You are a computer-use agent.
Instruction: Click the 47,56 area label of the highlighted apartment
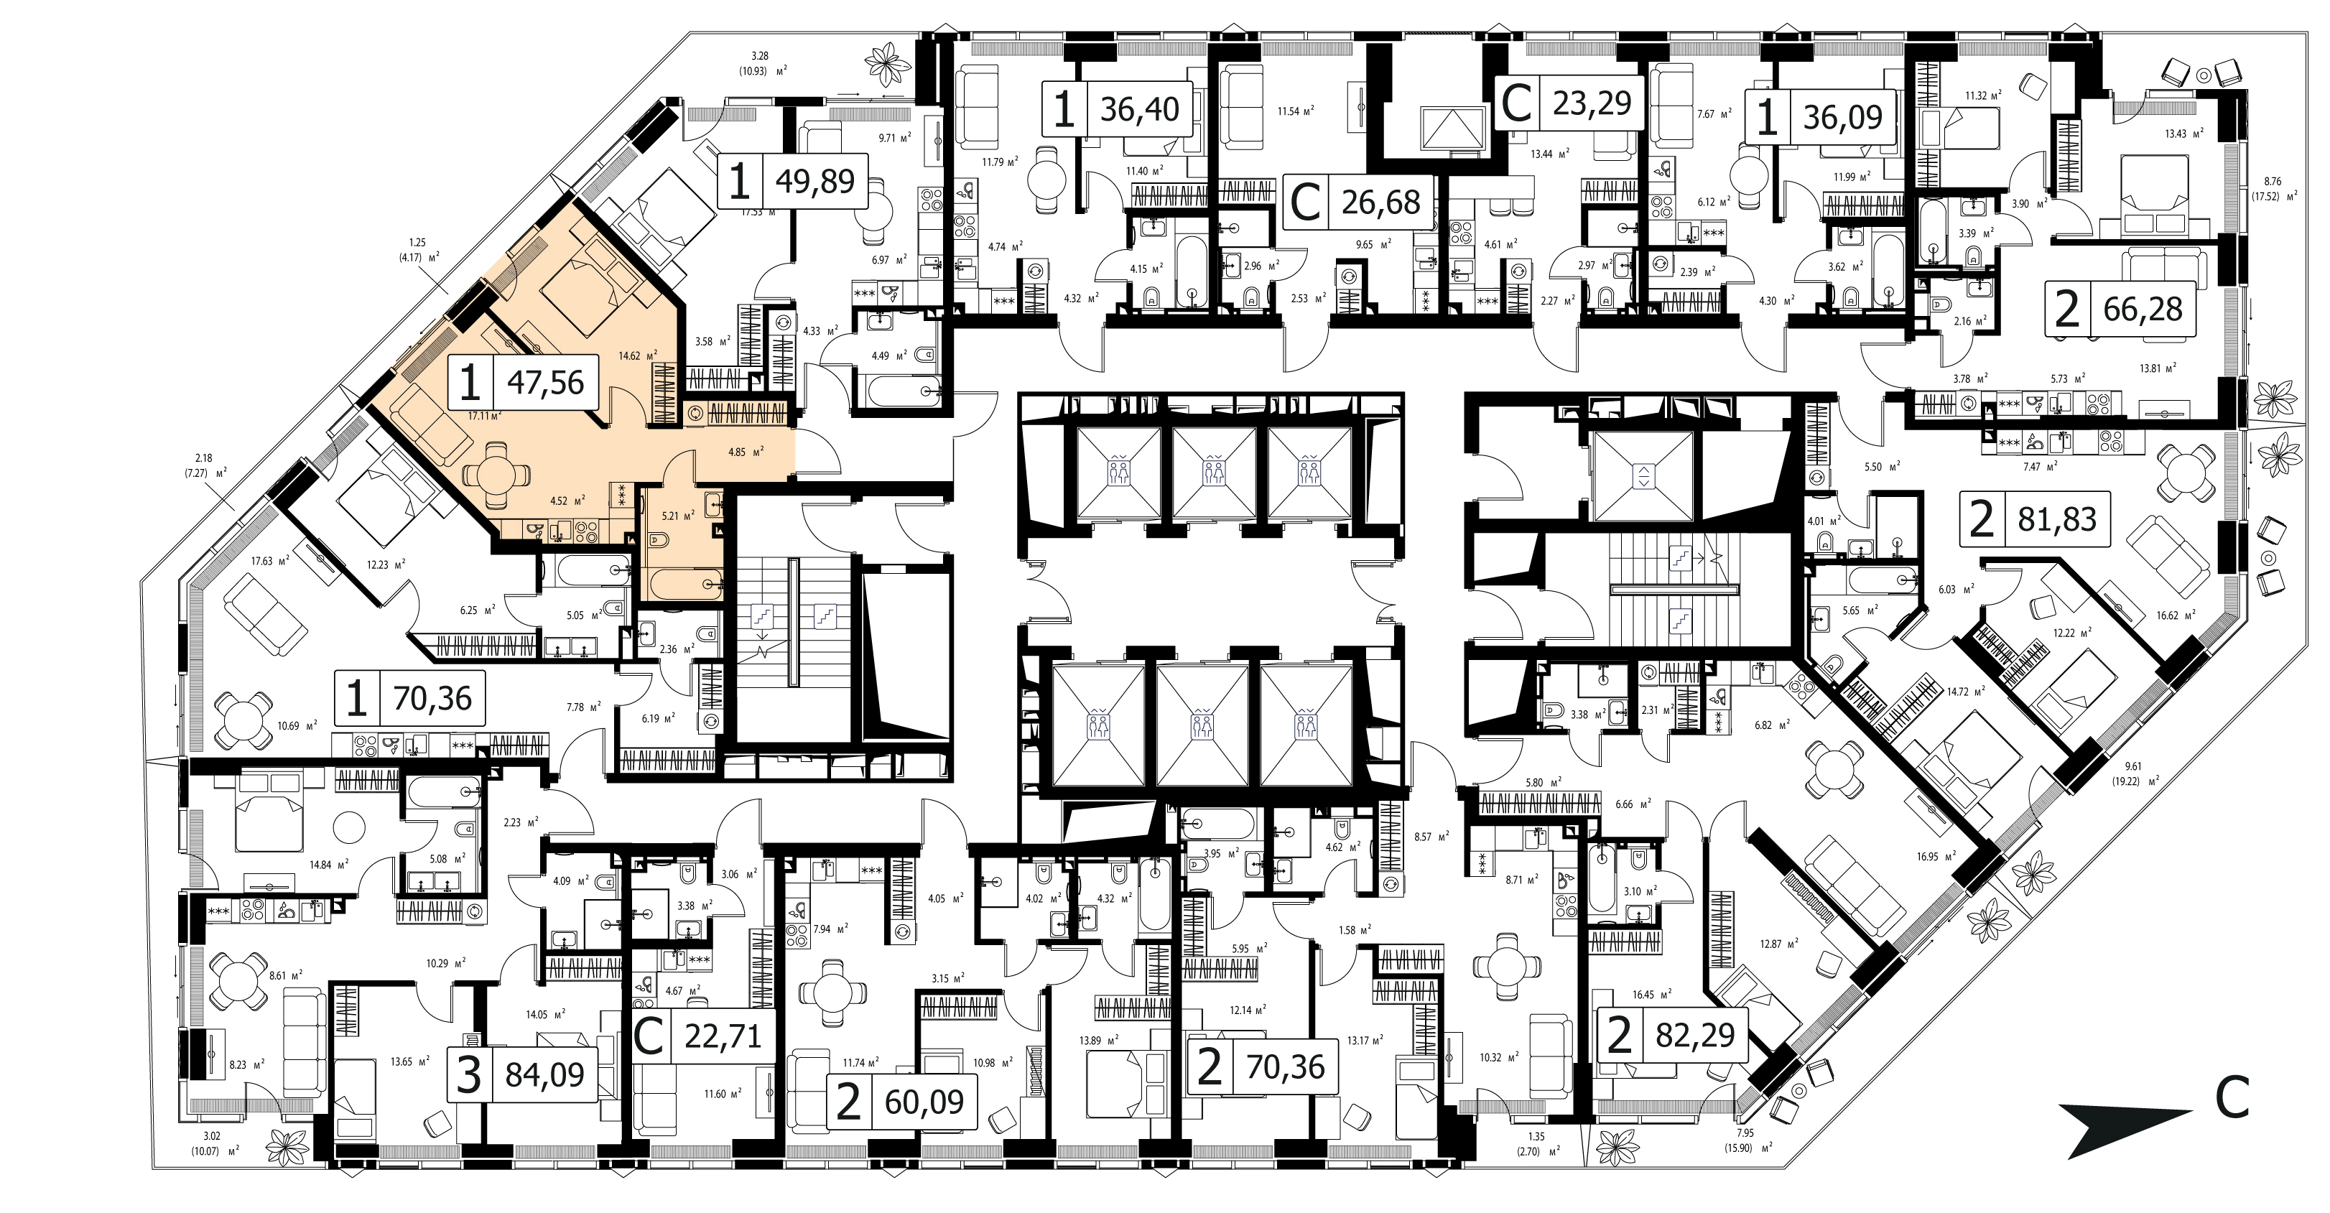pos(545,383)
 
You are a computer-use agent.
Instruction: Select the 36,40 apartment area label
pos(1140,109)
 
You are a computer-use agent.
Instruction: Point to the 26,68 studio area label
pos(1380,203)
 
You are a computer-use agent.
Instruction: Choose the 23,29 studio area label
pos(1592,103)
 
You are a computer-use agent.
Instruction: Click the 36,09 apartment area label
pos(1842,116)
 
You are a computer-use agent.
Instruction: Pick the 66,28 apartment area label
pos(2143,310)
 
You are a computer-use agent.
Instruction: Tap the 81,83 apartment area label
pos(2057,519)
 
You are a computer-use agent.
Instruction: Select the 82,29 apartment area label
pos(1695,1035)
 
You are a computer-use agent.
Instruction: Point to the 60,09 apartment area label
pos(924,1102)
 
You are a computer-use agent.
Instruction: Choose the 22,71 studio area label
pos(723,1036)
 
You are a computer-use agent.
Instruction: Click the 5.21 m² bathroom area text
pos(678,516)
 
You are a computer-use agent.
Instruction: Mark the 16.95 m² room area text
pos(1936,855)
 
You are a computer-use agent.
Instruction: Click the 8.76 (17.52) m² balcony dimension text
pos(2271,188)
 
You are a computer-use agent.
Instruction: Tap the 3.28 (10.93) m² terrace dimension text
pos(760,63)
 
